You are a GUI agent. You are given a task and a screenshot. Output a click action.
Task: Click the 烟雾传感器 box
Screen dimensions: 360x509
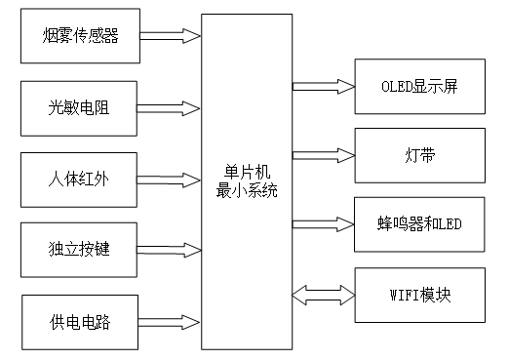pos(81,37)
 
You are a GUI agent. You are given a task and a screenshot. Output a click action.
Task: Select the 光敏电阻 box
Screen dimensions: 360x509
pos(81,107)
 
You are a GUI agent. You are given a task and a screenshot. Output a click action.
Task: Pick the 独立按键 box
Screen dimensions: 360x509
pos(81,248)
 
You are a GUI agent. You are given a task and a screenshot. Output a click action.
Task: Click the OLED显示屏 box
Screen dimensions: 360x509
pos(419,84)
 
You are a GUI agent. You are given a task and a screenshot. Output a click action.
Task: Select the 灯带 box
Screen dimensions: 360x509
pos(419,154)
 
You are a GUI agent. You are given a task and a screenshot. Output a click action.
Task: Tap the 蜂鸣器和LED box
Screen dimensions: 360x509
pos(419,223)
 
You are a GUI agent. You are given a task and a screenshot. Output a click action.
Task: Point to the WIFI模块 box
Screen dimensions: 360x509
pos(419,294)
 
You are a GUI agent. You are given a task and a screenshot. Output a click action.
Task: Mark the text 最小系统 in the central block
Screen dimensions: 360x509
pos(247,190)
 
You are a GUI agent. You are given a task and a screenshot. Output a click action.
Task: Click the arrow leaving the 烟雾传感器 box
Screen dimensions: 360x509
pos(172,37)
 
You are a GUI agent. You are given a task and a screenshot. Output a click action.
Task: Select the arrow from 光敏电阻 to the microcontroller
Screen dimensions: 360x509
pos(172,107)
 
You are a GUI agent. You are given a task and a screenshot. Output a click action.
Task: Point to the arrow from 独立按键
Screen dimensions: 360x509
pos(172,248)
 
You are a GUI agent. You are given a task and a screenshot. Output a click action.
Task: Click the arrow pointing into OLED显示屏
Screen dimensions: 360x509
pos(323,84)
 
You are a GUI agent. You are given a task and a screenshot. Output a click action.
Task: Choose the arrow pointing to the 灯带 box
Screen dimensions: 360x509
pos(323,154)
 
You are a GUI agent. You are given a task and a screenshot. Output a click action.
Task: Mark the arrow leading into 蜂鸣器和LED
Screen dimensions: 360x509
pos(323,223)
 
